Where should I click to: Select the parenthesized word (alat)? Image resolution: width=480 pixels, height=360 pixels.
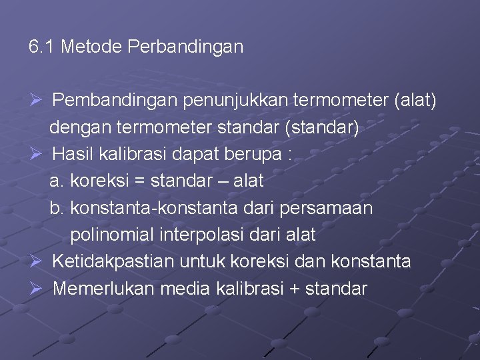click(x=415, y=101)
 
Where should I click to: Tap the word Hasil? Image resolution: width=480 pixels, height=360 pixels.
click(x=71, y=154)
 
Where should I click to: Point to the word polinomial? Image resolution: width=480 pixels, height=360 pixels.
click(x=107, y=235)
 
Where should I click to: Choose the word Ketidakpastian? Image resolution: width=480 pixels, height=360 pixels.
click(x=114, y=261)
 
